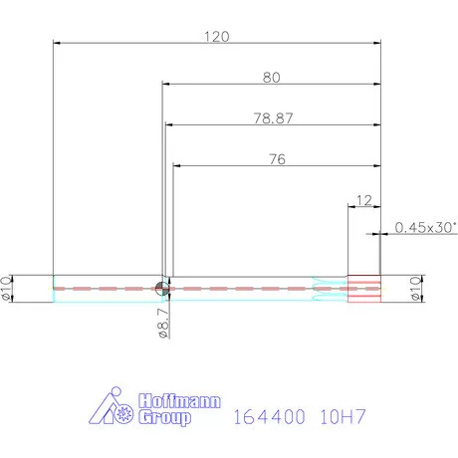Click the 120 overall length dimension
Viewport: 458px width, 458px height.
click(217, 36)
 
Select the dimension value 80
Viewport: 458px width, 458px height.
click(271, 77)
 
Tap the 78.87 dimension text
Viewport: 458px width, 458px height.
click(273, 117)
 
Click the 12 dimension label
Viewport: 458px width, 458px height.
click(362, 200)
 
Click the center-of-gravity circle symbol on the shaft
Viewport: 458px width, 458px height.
click(162, 288)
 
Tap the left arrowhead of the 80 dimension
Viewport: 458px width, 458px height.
click(165, 84)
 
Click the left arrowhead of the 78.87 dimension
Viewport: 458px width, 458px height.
click(168, 124)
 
